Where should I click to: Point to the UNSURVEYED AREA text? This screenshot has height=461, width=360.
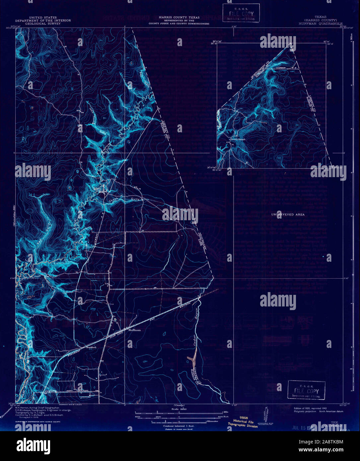click(288, 215)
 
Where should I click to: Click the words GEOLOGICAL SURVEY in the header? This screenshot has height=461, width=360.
click(43, 24)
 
